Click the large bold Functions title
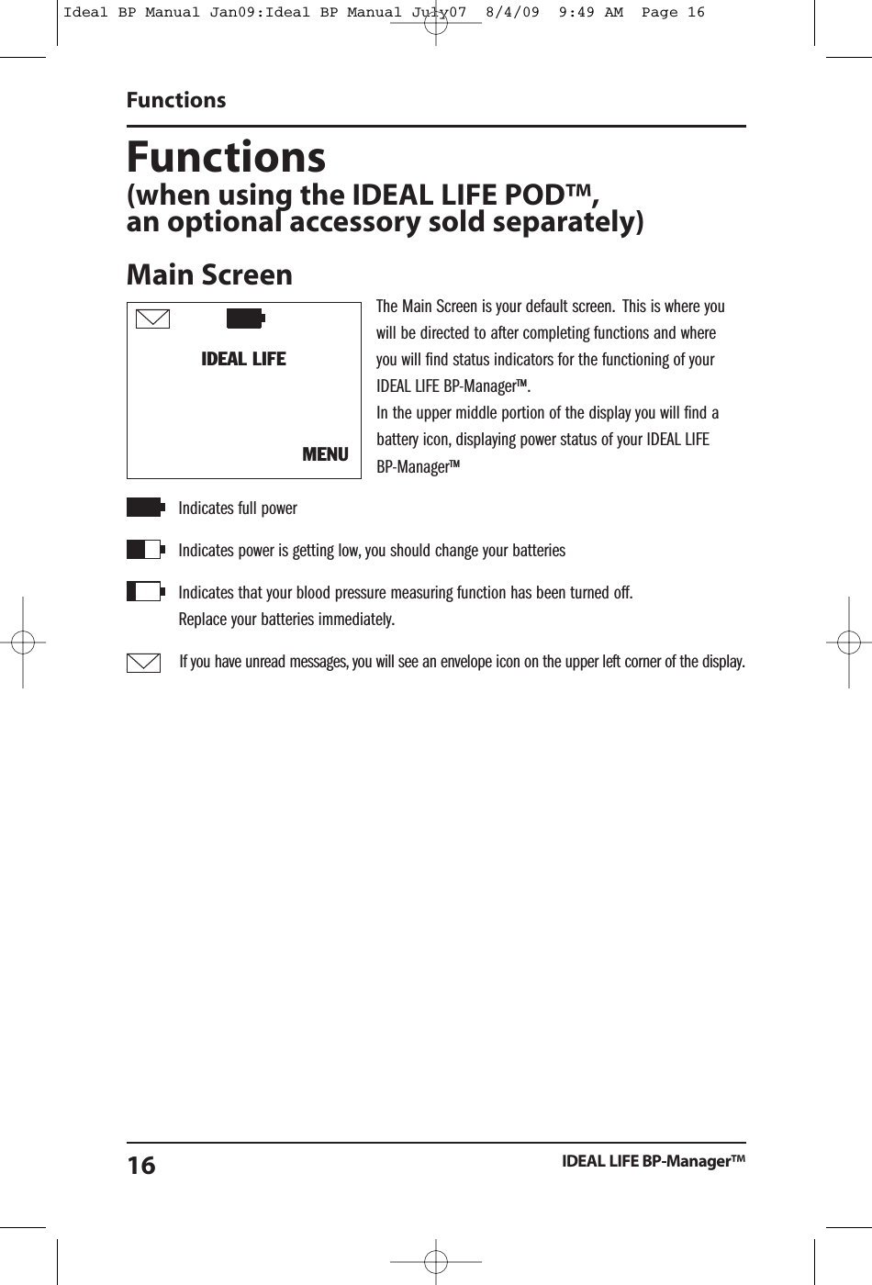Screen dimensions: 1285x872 click(x=226, y=157)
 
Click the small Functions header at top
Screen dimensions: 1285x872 click(x=176, y=100)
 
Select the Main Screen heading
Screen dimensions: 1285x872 click(x=209, y=274)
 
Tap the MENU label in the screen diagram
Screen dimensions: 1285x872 click(x=325, y=454)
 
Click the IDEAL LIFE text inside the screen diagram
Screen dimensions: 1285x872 click(x=243, y=359)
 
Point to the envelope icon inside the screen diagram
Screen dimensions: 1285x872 click(x=152, y=318)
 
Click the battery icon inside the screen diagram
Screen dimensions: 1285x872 click(x=245, y=318)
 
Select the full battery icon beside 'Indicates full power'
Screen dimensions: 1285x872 click(x=144, y=508)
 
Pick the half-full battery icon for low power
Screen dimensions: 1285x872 click(x=144, y=550)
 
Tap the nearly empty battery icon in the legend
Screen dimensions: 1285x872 click(x=144, y=591)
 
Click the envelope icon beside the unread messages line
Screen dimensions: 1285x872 click(x=144, y=662)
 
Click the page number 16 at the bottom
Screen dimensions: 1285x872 click(x=141, y=1166)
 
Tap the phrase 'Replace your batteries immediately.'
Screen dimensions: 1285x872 click(x=286, y=620)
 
